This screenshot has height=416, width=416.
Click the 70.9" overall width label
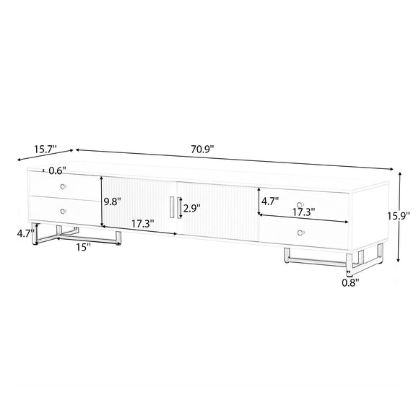tap(202, 149)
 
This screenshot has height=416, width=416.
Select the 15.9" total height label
tap(398, 216)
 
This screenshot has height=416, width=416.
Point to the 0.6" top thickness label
tap(58, 170)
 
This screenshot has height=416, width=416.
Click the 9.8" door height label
tap(113, 202)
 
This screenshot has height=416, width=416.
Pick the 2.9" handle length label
tap(192, 208)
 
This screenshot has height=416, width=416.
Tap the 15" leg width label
tap(84, 247)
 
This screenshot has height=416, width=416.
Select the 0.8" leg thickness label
tap(350, 283)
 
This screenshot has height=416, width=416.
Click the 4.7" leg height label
tap(25, 234)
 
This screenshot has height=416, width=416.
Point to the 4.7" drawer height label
tap(270, 201)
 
